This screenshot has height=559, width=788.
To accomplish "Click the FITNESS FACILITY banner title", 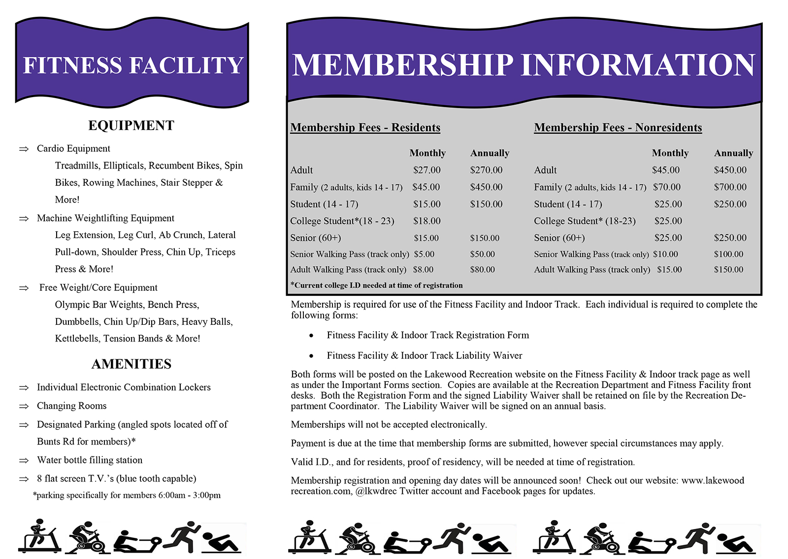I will tap(133, 65).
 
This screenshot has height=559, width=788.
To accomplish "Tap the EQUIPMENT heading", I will tap(131, 125).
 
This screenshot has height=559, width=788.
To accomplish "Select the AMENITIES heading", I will tap(131, 364).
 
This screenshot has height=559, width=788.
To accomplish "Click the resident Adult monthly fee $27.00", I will tap(427, 170).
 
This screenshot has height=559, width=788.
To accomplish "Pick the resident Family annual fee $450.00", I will tap(486, 187).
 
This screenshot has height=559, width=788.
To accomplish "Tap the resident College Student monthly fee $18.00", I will tap(427, 221).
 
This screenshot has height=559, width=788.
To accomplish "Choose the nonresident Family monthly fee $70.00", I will tap(666, 187).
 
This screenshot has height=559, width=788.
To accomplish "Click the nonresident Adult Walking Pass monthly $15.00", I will tap(669, 270).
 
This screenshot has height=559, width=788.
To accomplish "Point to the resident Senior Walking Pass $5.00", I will tap(424, 254).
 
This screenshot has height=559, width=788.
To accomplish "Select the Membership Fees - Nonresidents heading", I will tap(618, 128).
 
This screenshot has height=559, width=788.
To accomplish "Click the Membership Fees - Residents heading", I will tap(365, 128).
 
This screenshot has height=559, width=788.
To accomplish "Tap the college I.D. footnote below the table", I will tap(376, 285).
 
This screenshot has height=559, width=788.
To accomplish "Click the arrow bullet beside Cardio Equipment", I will tap(24, 149).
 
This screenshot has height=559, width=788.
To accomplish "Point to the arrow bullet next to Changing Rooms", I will tap(24, 406).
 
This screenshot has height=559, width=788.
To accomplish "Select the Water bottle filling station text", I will tap(90, 460).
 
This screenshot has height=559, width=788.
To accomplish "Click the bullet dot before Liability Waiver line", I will tap(311, 356).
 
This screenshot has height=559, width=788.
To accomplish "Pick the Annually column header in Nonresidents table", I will tap(733, 153).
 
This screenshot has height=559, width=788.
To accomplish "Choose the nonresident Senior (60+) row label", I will tap(559, 238).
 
